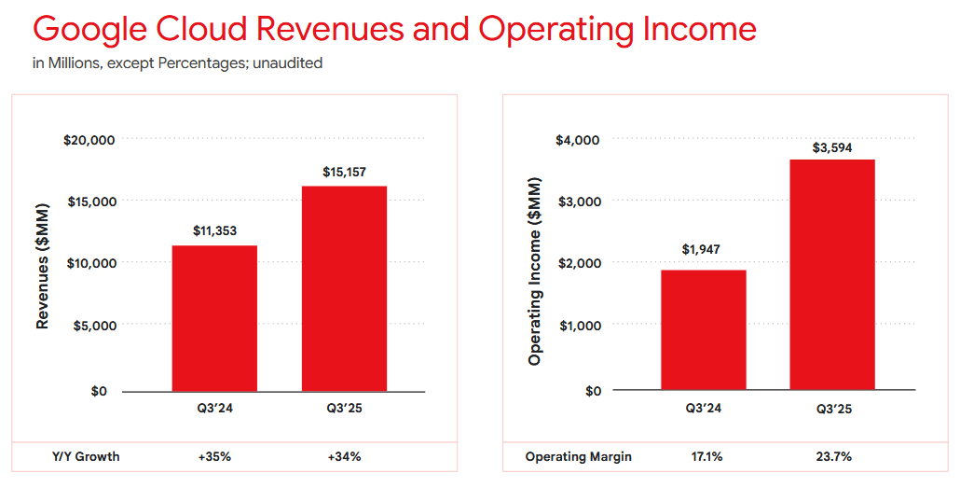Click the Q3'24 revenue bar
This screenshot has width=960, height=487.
214,318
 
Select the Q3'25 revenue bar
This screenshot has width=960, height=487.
344,288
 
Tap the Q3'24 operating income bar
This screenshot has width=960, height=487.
704,330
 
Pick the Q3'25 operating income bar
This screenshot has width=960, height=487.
832,275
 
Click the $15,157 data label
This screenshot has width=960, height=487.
344,172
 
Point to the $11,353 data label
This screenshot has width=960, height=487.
214,230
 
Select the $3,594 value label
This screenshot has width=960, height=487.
832,147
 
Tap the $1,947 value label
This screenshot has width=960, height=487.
704,249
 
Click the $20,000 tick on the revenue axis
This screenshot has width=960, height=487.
89,140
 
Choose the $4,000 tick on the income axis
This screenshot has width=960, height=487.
579,140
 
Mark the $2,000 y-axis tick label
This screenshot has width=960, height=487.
579,263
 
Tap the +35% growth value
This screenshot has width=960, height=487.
214,457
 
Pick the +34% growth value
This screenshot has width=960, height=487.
344,457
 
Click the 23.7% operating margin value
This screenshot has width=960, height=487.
832,457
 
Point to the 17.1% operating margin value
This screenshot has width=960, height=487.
704,457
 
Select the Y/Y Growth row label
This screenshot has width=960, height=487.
86,457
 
